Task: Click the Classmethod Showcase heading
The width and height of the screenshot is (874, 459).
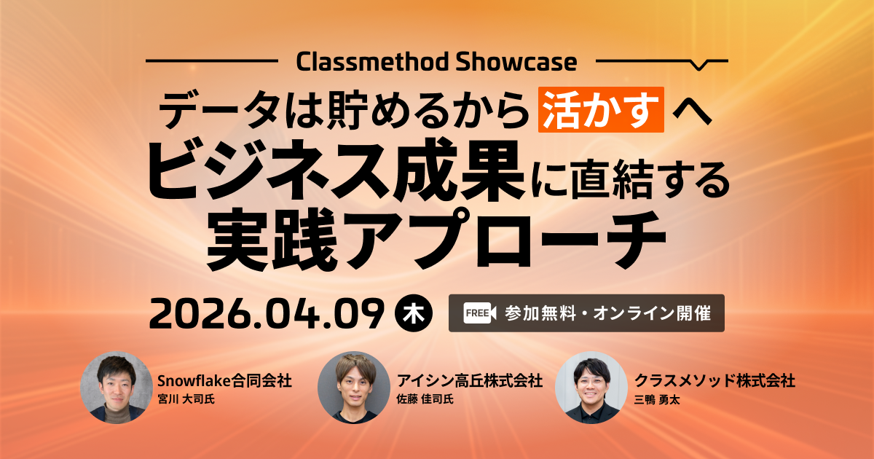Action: pos(436,61)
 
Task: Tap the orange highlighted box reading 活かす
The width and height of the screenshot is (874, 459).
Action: pos(601,109)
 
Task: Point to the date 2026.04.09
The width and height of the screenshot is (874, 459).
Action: pos(267,313)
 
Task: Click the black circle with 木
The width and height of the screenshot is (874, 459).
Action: pos(414,313)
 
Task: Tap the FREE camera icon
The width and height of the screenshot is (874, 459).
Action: pos(480,313)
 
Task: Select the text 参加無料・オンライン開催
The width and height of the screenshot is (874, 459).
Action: pos(607,313)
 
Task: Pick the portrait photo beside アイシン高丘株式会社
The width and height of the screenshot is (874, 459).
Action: pos(354,388)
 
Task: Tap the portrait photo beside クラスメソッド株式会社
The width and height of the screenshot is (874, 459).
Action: pos(591,388)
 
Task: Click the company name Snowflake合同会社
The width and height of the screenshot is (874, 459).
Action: pos(224,380)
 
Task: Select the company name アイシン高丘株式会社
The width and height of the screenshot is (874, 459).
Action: pos(470,380)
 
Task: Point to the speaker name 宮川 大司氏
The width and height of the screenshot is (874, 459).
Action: pos(186,399)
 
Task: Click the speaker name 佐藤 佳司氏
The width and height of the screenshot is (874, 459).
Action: pos(425,399)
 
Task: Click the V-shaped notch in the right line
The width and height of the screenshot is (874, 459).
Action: pos(699,64)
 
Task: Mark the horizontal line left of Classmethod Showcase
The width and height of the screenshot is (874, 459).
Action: pos(211,60)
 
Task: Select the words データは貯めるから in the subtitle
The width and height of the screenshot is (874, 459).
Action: pos(342,110)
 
